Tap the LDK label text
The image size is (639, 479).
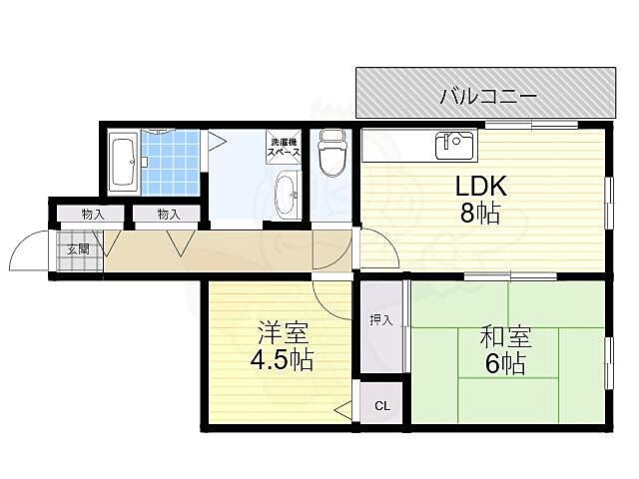pos(482,187)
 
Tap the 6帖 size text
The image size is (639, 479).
pos(504,365)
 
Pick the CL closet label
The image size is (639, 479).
pos(382,406)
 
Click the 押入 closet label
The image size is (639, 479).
pos(381,319)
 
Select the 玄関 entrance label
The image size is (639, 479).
pos(78,249)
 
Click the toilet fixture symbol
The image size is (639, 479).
pos(329,155)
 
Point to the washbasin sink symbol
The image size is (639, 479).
pos(285,191)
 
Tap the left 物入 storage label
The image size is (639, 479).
pos(92,215)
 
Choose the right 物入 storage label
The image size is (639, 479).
pos(168,215)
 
